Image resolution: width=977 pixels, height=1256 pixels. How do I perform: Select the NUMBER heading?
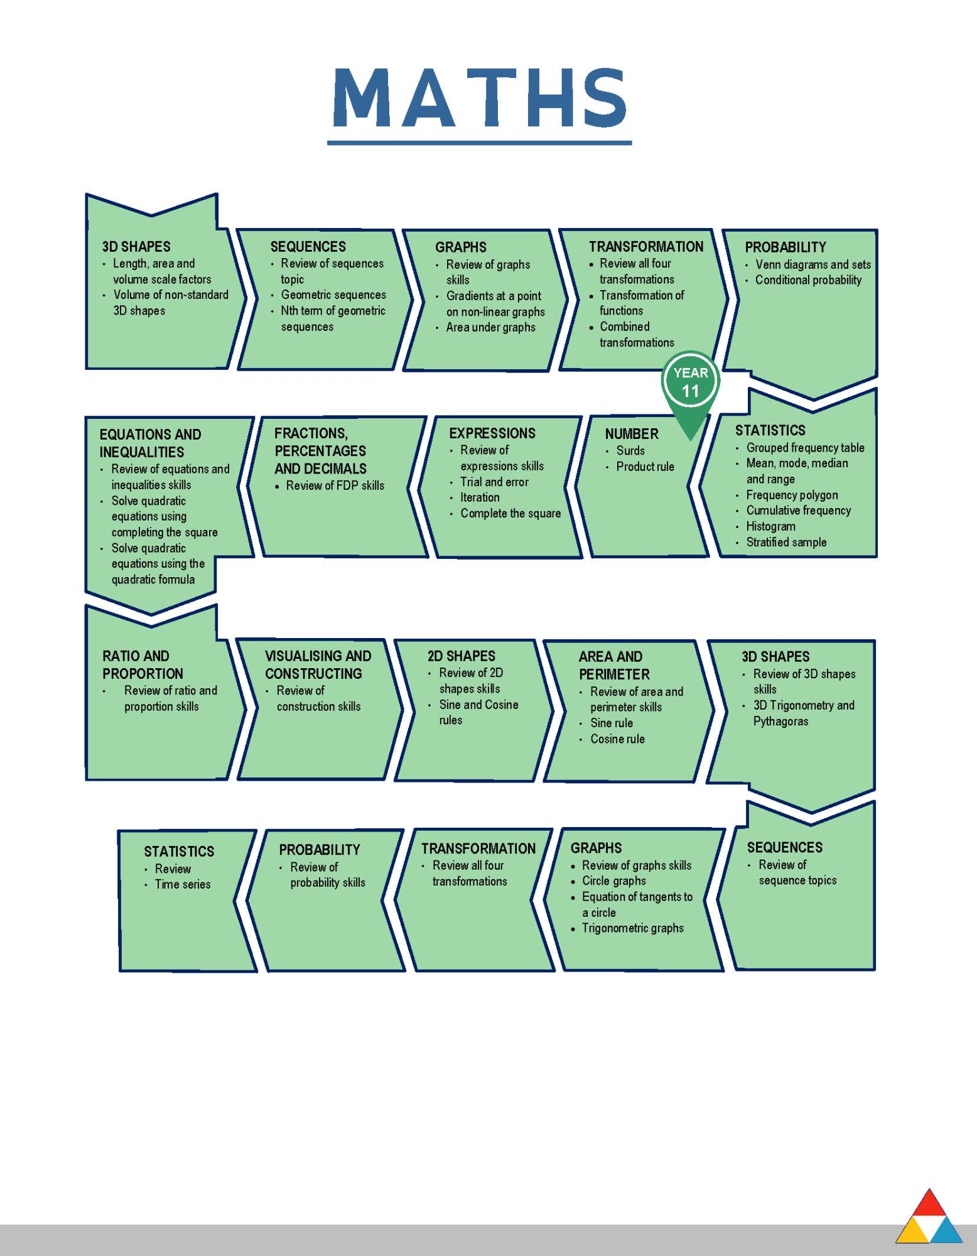pyautogui.click(x=631, y=434)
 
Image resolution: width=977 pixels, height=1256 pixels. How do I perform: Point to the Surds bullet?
pyautogui.click(x=630, y=451)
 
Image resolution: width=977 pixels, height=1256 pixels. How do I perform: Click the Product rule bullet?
pyautogui.click(x=645, y=467)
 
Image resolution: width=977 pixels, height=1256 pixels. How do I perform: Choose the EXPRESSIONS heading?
pyautogui.click(x=492, y=433)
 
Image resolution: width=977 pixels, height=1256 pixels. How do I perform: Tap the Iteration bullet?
pyautogui.click(x=480, y=497)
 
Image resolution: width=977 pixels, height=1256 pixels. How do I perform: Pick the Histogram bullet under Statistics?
pyautogui.click(x=770, y=526)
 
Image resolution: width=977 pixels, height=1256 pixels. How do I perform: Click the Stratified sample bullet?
pyautogui.click(x=786, y=542)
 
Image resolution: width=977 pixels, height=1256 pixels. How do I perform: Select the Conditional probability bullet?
pyautogui.click(x=808, y=280)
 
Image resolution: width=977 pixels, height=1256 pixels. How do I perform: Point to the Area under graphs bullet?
pyautogui.click(x=490, y=327)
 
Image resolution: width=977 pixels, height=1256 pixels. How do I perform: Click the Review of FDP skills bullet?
pyautogui.click(x=335, y=485)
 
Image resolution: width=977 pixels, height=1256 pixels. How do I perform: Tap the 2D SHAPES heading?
pyautogui.click(x=461, y=656)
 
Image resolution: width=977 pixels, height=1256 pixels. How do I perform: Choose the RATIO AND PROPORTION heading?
pyautogui.click(x=143, y=665)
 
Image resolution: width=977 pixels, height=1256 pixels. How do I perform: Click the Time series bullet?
pyautogui.click(x=182, y=884)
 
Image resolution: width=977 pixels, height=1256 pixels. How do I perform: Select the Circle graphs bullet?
pyautogui.click(x=613, y=881)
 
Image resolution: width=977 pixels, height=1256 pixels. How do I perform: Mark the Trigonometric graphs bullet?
pyautogui.click(x=632, y=928)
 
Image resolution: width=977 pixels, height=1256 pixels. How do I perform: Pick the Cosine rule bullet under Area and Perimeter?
pyautogui.click(x=617, y=739)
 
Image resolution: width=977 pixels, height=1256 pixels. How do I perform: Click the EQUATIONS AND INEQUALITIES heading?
pyautogui.click(x=150, y=443)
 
